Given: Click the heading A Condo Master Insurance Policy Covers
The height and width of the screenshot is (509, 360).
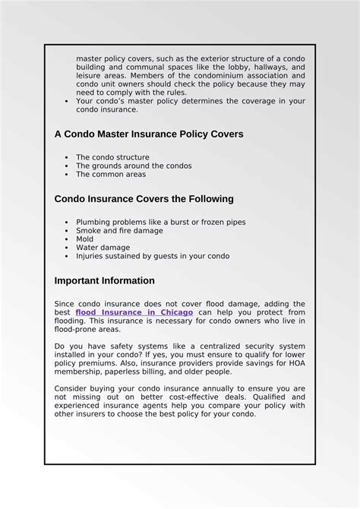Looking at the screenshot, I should [x=149, y=134].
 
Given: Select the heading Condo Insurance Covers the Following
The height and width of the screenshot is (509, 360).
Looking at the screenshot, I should [x=144, y=199].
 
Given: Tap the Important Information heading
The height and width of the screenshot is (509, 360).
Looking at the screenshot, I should [x=104, y=280].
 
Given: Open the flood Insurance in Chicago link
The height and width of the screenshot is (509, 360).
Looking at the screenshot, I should [x=134, y=312].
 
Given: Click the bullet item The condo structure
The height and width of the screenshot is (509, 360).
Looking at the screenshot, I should [x=112, y=157].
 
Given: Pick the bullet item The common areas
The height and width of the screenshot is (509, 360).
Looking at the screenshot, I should [x=110, y=174].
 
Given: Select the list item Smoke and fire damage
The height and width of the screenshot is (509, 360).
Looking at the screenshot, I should [x=119, y=230].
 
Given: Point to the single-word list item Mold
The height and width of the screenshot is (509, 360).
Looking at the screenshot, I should [x=84, y=239].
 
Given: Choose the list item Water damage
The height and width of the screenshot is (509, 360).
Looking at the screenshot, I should [x=103, y=247].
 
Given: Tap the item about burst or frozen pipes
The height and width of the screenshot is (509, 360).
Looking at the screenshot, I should [x=160, y=222].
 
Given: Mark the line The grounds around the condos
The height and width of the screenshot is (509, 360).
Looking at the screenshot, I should [x=134, y=166].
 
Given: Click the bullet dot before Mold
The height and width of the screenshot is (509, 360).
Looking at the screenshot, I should [x=68, y=239].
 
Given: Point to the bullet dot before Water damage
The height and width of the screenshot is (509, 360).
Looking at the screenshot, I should [x=68, y=248].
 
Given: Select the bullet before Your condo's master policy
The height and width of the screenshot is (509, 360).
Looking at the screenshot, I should [x=68, y=101].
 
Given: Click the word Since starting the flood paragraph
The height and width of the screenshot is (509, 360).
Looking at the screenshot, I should [x=65, y=304].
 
